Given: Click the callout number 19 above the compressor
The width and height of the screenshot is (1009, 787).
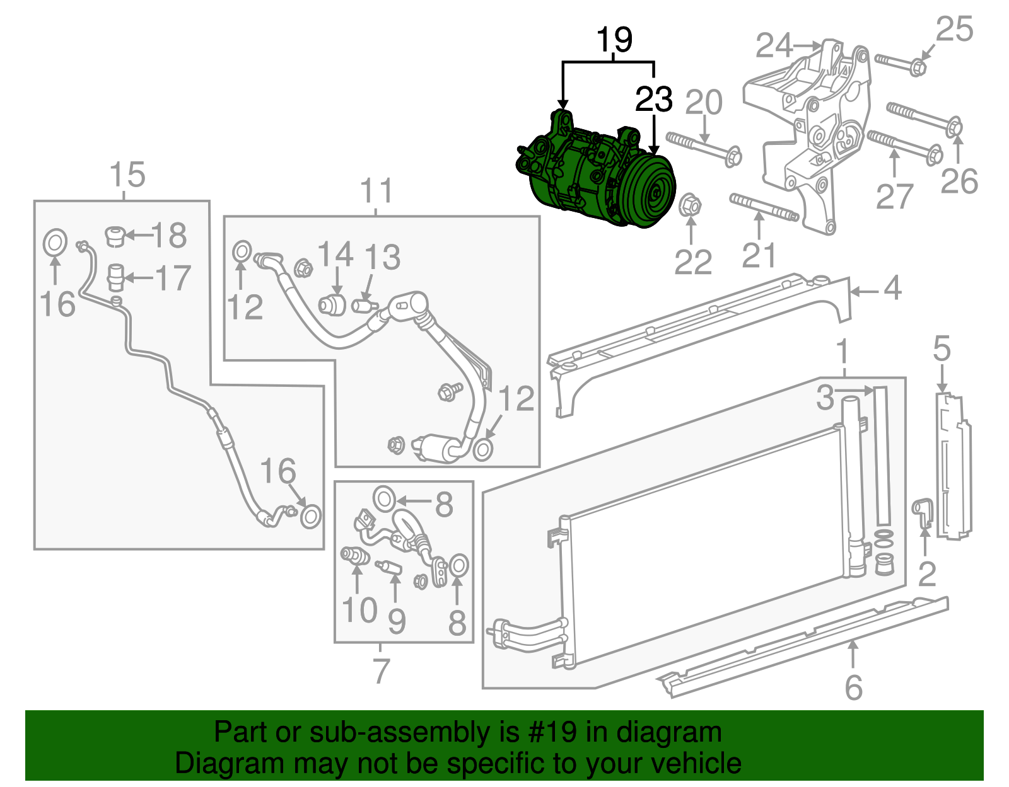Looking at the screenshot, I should (614, 40).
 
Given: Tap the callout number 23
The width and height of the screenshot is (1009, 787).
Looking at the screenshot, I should (654, 99).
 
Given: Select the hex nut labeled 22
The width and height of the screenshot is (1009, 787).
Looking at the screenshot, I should (691, 205).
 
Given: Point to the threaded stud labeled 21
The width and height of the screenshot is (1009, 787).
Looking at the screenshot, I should (764, 208).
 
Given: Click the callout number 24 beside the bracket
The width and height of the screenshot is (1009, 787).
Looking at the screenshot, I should (774, 46).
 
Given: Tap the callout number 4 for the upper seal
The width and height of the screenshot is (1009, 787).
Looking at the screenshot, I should (892, 289).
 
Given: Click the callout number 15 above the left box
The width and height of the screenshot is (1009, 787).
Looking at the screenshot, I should (127, 175).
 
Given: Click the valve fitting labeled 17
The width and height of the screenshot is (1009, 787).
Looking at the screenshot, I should (115, 277).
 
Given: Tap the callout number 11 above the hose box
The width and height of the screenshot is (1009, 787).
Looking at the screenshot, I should (376, 191).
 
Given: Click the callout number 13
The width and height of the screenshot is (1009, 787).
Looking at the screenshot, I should (383, 257).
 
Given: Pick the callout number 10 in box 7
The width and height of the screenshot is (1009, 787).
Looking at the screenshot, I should (359, 610).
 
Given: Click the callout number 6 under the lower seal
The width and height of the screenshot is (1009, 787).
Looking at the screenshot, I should (853, 687).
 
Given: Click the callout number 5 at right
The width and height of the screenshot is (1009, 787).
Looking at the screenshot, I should (941, 348).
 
